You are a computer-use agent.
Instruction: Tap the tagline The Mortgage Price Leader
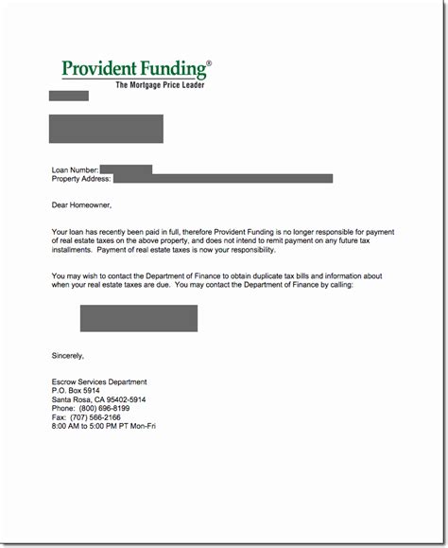tap(159, 85)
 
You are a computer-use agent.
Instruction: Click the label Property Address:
tap(81, 178)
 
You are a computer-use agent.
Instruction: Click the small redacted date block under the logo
tap(69, 96)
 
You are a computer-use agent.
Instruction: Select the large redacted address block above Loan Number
tap(106, 128)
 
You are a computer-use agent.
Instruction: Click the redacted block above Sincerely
tap(138, 318)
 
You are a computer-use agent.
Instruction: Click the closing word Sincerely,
tap(68, 356)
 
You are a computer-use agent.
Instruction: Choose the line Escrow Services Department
tap(99, 381)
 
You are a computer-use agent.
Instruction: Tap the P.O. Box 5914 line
tap(77, 390)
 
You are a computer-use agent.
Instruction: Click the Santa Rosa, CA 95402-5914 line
tap(100, 398)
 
